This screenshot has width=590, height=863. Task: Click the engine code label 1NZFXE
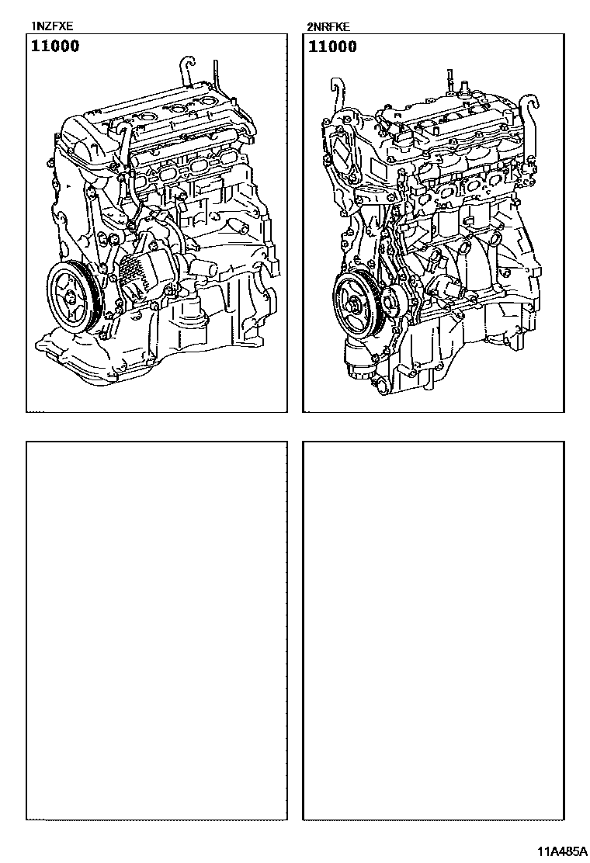point(52,26)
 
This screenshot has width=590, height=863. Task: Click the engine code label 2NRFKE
point(328,27)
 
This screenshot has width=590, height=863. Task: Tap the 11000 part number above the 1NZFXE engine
point(55,46)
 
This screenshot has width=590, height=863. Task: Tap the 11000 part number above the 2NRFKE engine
point(332,47)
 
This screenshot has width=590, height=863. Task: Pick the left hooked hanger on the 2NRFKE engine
point(334,99)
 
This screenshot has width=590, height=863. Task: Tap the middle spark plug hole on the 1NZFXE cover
point(179,109)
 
